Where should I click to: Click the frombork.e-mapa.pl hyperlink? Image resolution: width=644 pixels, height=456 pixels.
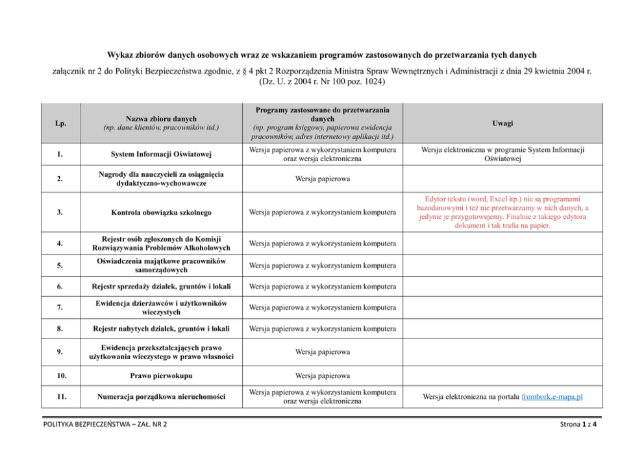pyautogui.click(x=552, y=396)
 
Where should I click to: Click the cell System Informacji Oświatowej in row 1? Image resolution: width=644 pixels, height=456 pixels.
pyautogui.click(x=160, y=154)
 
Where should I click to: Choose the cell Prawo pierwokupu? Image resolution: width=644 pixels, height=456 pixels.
pyautogui.click(x=160, y=375)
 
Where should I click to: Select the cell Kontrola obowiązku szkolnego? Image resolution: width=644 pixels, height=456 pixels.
pyautogui.click(x=160, y=212)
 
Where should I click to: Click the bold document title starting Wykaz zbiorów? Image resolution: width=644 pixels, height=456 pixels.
pyautogui.click(x=321, y=55)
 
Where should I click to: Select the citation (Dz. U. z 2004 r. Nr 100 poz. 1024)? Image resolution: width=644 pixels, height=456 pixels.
pyautogui.click(x=321, y=82)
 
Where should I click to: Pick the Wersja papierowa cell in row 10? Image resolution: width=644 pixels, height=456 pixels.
pyautogui.click(x=323, y=375)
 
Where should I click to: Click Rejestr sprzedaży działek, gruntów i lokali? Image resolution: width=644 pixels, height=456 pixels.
pyautogui.click(x=160, y=286)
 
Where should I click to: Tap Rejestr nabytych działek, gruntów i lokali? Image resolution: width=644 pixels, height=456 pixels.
pyautogui.click(x=160, y=329)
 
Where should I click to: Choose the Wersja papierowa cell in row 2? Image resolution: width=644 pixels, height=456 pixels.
pyautogui.click(x=323, y=179)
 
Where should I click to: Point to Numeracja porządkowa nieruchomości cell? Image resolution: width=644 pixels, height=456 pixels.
pyautogui.click(x=160, y=396)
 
